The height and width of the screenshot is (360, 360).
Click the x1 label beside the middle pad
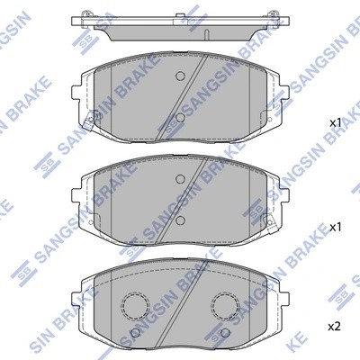click(x=335, y=227)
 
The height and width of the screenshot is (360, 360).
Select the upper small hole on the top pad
click(x=179, y=76)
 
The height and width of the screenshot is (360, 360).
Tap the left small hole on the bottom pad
click(x=136, y=333)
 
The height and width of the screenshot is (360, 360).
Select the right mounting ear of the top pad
click(x=280, y=91)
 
